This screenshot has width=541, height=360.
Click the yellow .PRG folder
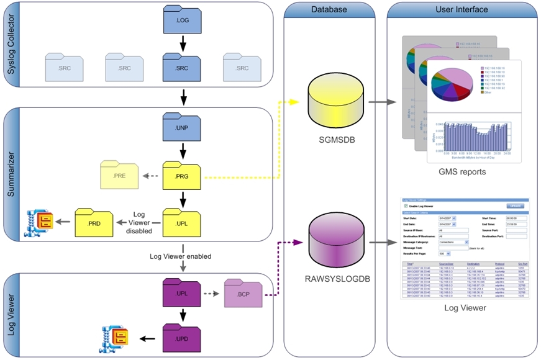(x=182, y=176)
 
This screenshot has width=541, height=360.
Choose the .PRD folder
(x=94, y=222)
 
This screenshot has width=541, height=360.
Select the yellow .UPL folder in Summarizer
(x=182, y=222)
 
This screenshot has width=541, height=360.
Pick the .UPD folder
(x=182, y=338)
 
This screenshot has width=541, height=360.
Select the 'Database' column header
(x=329, y=9)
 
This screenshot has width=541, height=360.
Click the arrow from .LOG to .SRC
(x=182, y=43)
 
